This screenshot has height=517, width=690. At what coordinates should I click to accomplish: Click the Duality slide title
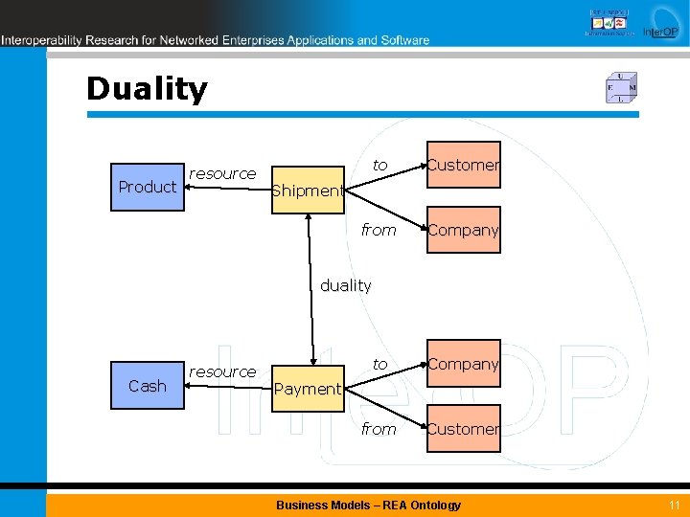(x=147, y=89)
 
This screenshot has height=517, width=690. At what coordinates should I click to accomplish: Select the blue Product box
(x=148, y=187)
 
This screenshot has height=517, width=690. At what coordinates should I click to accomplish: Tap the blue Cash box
(x=148, y=386)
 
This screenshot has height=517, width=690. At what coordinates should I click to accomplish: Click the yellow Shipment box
(x=308, y=190)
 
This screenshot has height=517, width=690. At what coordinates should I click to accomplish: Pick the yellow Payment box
(x=308, y=388)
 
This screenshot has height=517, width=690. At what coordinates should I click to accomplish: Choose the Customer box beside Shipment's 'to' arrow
(x=464, y=165)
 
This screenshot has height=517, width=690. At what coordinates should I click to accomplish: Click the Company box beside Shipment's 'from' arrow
(x=464, y=230)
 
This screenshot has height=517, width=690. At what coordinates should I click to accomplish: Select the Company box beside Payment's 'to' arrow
(x=464, y=364)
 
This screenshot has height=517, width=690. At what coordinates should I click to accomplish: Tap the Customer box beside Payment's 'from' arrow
(x=464, y=429)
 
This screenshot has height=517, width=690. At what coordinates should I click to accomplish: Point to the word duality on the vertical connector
(x=346, y=285)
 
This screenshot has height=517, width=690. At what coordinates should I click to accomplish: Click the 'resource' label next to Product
(x=222, y=173)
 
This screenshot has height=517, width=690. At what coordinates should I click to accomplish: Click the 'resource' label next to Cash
(x=222, y=371)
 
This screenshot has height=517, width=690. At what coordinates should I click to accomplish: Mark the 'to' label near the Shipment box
(x=380, y=166)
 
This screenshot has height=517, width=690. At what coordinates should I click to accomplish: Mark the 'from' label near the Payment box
(x=379, y=429)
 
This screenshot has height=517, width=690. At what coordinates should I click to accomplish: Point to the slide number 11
(x=675, y=505)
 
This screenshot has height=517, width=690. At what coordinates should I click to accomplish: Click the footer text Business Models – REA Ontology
(x=368, y=505)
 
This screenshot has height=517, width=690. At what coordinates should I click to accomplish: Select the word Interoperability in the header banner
(x=40, y=40)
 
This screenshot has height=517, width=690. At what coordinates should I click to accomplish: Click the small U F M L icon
(x=621, y=88)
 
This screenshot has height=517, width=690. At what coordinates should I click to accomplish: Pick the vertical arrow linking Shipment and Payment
(x=310, y=287)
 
